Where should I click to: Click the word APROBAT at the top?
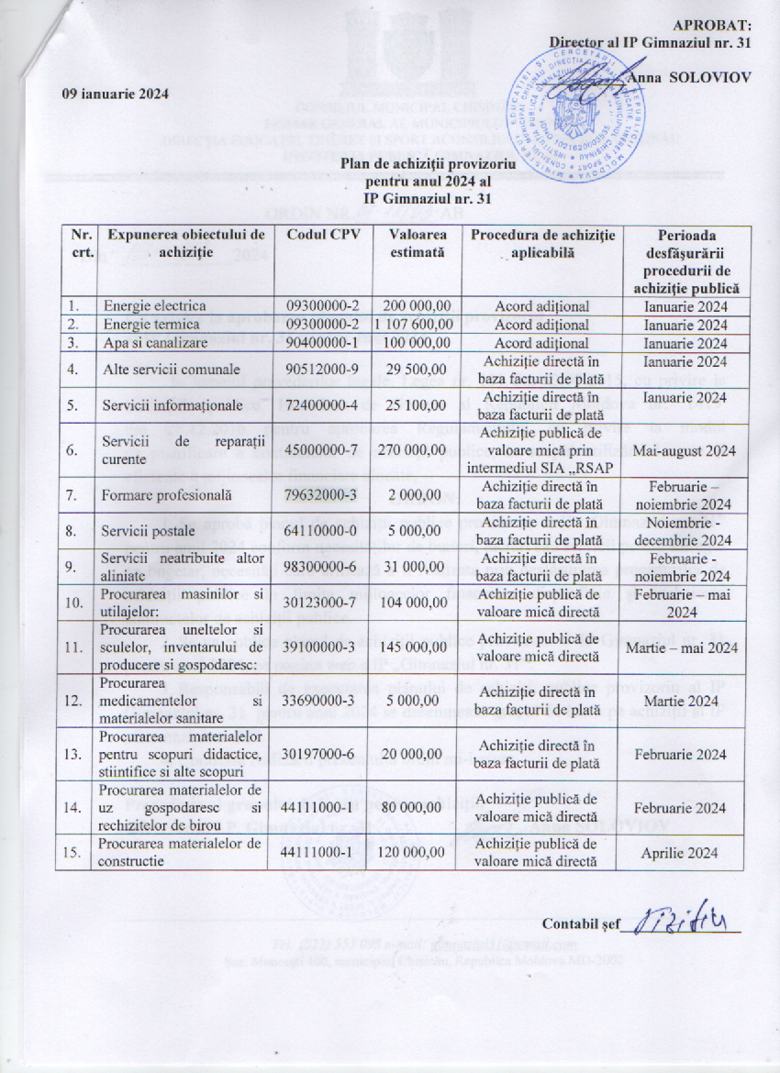[x=712, y=25]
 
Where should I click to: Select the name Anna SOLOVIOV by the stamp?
[x=691, y=77]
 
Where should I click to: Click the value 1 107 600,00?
[x=416, y=324]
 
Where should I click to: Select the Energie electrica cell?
[x=154, y=305]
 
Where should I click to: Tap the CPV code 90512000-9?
[x=323, y=369]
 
